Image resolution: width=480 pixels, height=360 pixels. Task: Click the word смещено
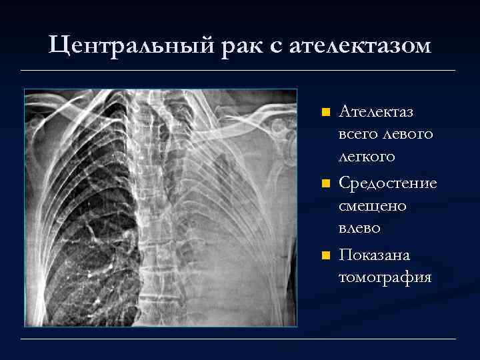(373, 205)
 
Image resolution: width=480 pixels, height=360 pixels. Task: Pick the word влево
(360, 228)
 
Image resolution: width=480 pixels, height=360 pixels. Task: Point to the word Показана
(375, 255)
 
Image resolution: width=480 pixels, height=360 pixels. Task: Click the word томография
(384, 277)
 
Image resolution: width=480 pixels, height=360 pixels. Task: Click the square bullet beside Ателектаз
(325, 111)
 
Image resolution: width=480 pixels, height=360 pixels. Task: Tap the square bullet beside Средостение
(325, 183)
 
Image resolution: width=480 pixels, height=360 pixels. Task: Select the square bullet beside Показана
(325, 255)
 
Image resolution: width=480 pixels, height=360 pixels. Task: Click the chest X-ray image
(161, 208)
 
